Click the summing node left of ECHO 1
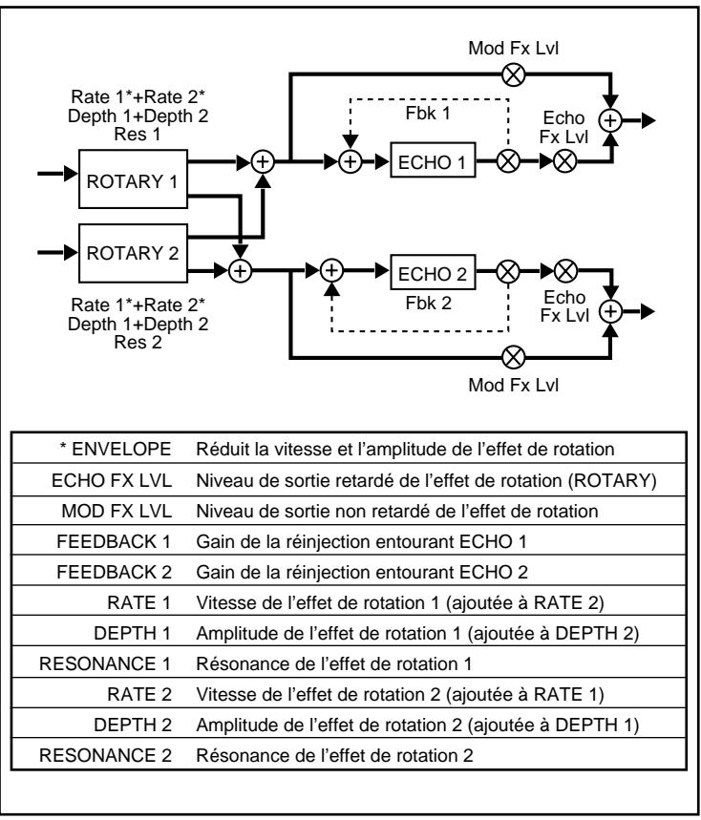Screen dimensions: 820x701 [x=352, y=161]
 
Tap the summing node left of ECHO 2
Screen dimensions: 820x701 [x=331, y=271]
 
